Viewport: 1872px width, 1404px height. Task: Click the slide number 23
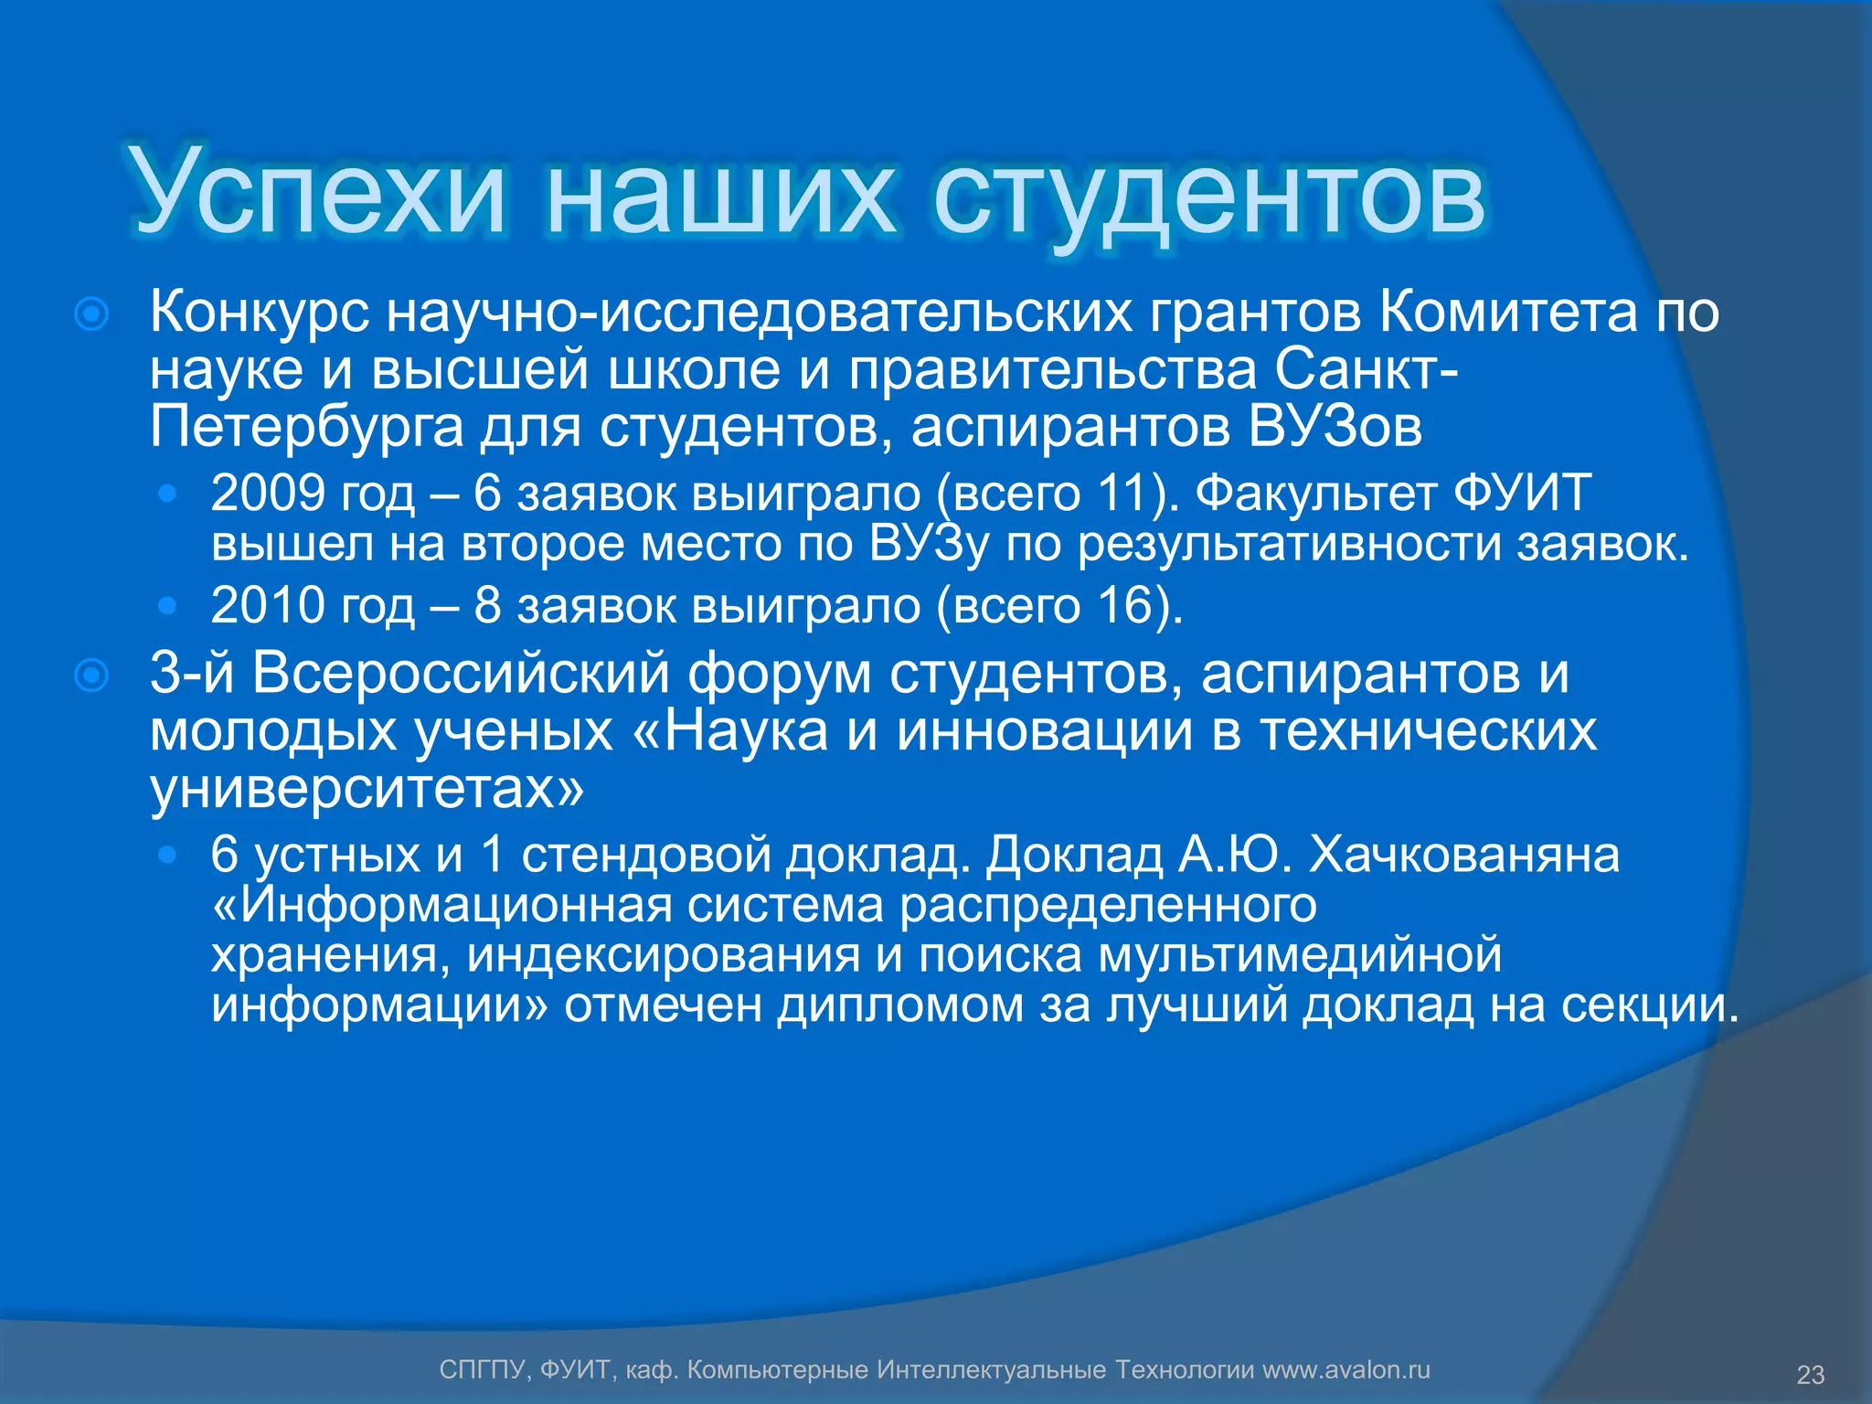(1811, 1375)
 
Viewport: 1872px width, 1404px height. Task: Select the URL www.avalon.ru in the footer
(1345, 1370)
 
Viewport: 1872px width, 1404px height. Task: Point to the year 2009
(268, 493)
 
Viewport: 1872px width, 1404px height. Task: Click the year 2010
(268, 605)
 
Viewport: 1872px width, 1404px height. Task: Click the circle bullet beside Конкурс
(91, 314)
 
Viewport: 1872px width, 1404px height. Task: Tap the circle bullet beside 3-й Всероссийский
(91, 676)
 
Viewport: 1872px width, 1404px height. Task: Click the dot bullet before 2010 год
(166, 605)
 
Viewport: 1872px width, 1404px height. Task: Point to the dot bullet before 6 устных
(166, 856)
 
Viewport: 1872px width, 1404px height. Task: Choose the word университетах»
(367, 788)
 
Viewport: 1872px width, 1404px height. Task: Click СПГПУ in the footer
(482, 1370)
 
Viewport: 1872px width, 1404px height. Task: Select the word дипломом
(901, 1005)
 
